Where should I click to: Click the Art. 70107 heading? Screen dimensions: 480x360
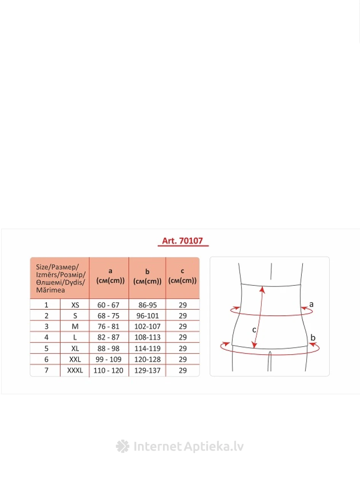(x=182, y=241)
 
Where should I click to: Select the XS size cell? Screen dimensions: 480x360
(x=75, y=305)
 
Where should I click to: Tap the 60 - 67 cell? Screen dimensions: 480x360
(x=109, y=305)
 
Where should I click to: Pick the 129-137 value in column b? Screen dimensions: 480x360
(x=147, y=370)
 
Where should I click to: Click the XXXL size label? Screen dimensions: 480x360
(x=75, y=370)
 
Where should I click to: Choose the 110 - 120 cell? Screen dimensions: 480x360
(x=109, y=370)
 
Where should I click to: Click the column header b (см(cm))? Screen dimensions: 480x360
(x=147, y=277)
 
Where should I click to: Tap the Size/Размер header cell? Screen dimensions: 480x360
(x=60, y=278)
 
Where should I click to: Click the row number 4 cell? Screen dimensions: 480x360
(x=46, y=338)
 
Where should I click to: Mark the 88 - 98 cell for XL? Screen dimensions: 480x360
(x=109, y=349)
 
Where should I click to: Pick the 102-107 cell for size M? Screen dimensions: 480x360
(x=147, y=326)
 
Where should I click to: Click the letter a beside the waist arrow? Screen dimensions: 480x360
(x=311, y=304)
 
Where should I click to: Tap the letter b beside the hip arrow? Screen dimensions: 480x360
(x=313, y=337)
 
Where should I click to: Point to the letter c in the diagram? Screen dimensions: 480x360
(x=254, y=330)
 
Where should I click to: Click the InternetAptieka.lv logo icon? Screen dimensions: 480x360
(x=123, y=446)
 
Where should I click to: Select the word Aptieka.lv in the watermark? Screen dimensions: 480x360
(x=214, y=446)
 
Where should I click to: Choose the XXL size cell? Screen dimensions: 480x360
(x=75, y=359)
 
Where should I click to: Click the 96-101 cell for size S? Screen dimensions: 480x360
(x=147, y=316)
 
